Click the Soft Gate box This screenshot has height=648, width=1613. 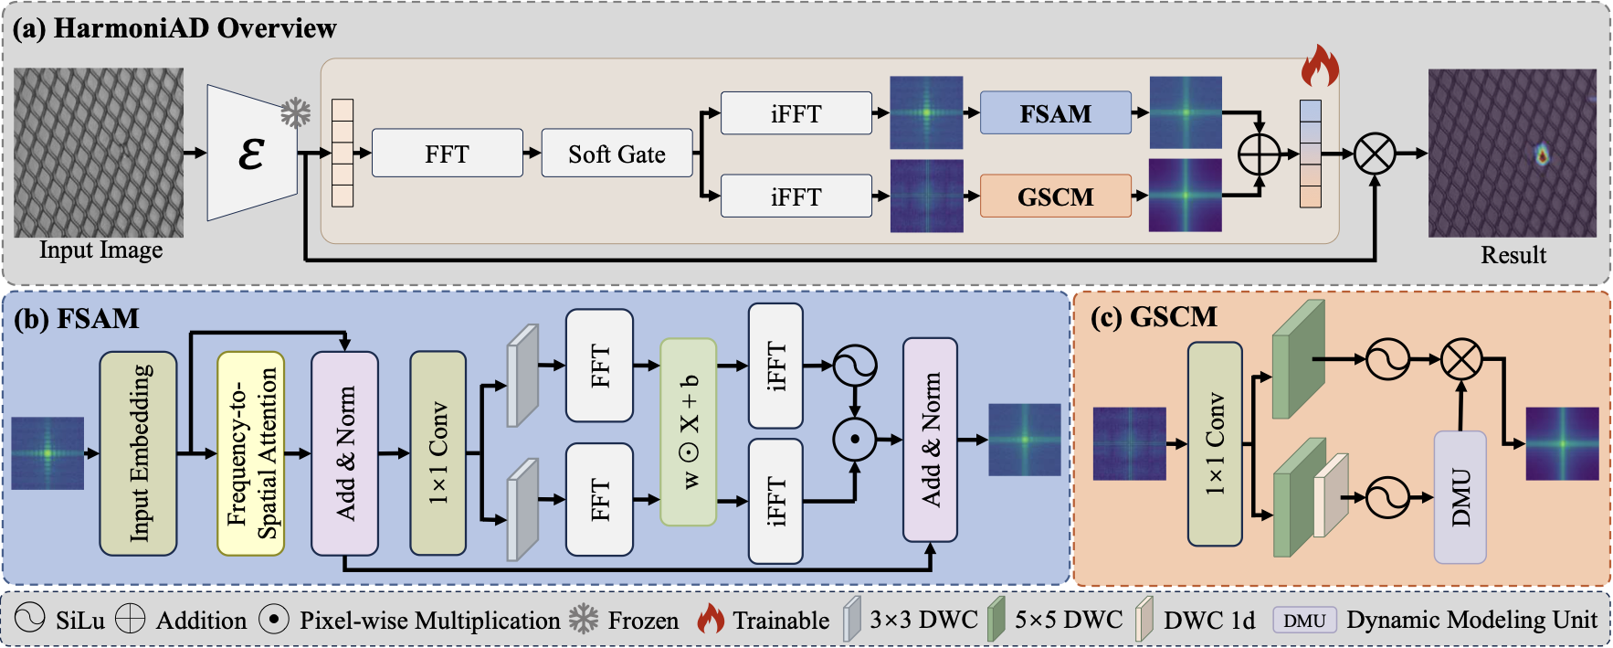tap(617, 154)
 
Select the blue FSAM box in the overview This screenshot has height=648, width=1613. tap(1055, 113)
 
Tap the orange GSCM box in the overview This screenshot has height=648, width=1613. tap(1055, 197)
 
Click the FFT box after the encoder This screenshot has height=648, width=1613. tap(447, 154)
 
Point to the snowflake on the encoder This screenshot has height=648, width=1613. tap(295, 113)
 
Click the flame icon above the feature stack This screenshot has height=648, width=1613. tap(1319, 67)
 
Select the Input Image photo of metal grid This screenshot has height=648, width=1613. tap(99, 152)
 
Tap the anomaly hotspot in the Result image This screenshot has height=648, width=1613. tap(1542, 155)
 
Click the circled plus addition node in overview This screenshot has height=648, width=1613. tap(1259, 154)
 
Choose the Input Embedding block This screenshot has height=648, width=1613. tap(138, 453)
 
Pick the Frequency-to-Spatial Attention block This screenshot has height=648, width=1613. tap(251, 453)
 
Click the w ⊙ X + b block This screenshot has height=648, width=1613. tap(688, 431)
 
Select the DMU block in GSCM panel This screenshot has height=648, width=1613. tap(1460, 497)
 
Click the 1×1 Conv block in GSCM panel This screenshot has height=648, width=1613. tap(1215, 444)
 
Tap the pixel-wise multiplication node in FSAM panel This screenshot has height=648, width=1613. tap(855, 440)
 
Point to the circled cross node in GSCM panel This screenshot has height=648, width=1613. tap(1461, 359)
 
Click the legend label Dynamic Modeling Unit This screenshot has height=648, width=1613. tap(1471, 620)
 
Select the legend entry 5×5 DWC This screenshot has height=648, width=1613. tap(1068, 620)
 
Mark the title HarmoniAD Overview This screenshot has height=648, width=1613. tap(195, 28)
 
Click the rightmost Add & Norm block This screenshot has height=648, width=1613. tap(930, 440)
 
